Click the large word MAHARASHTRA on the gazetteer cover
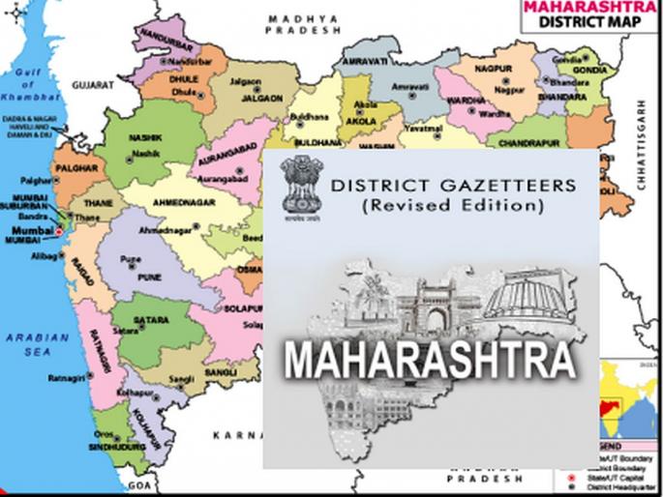point(431,360)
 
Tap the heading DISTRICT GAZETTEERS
point(433,185)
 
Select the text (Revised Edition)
point(432,206)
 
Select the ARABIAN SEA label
point(38,345)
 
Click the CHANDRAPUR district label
point(531,142)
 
